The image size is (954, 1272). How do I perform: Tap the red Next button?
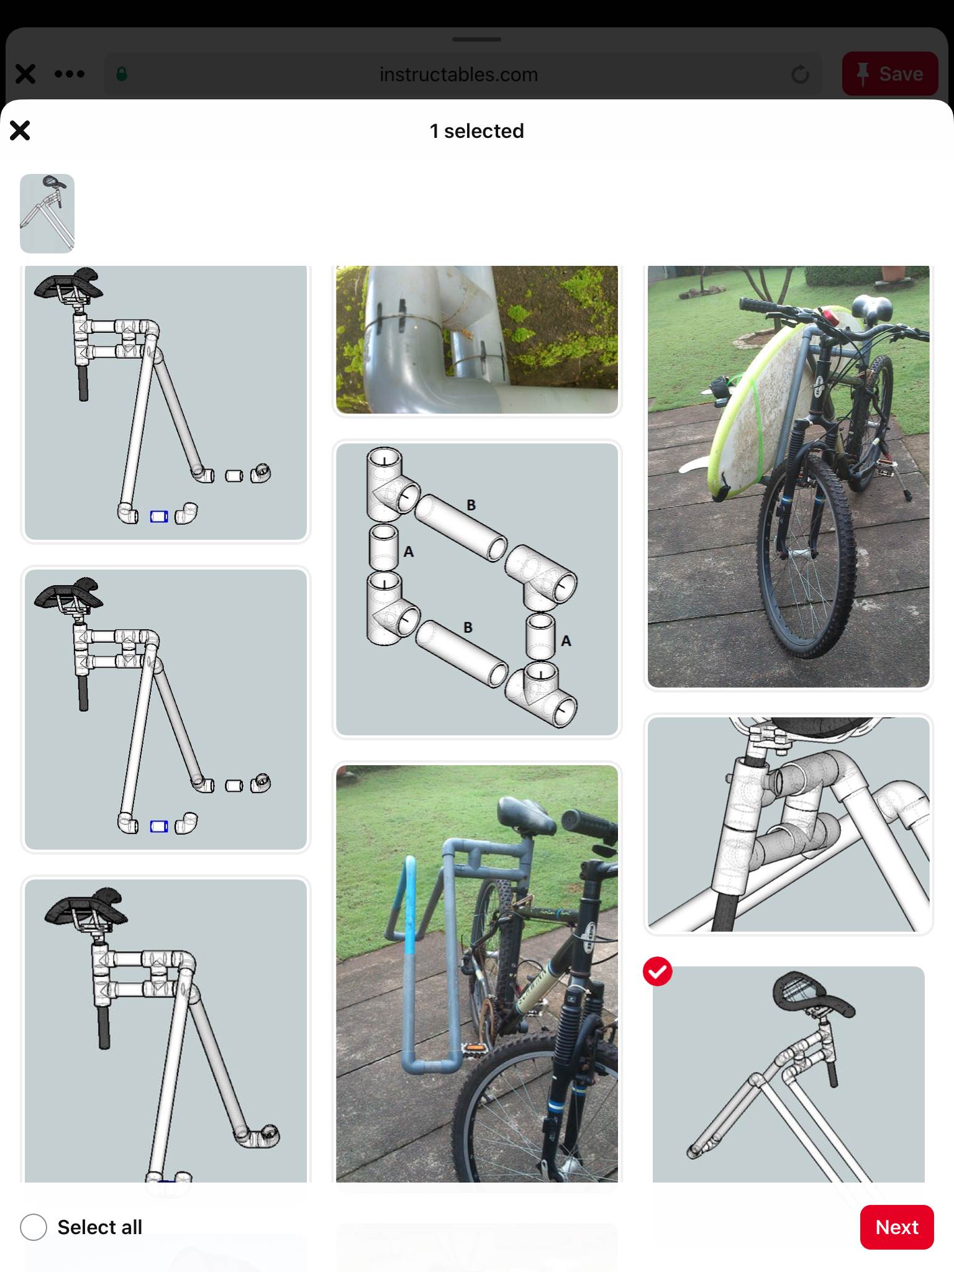[x=897, y=1227]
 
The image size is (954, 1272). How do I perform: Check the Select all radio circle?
[x=34, y=1227]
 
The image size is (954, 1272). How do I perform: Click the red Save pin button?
[x=889, y=74]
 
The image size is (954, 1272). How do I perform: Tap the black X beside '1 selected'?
[x=20, y=130]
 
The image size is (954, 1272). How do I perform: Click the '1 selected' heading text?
[x=477, y=131]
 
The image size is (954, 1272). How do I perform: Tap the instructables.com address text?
[x=458, y=75]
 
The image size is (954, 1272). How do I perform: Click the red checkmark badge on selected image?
[x=658, y=971]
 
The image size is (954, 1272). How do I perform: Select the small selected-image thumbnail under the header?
[x=47, y=214]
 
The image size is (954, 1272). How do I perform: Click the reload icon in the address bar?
[x=801, y=75]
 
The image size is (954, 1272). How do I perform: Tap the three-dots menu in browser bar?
[x=70, y=75]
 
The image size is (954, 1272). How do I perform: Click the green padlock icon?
[x=122, y=75]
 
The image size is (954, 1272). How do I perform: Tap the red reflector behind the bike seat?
[x=831, y=317]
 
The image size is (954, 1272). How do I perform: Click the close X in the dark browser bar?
[x=25, y=75]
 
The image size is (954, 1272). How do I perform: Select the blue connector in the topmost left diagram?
[x=159, y=516]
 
